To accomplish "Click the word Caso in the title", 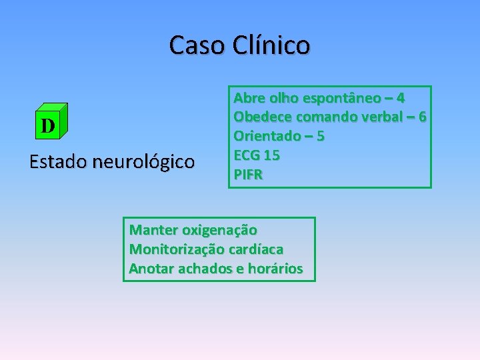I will pos(198,45).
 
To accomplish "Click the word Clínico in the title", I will pos(272,45).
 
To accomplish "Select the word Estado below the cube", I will pos(58,162).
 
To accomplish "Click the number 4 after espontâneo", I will pos(399,98).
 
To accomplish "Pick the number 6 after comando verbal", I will pos(421,117).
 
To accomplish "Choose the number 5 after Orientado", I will pos(321,137).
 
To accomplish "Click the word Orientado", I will pos(266,137).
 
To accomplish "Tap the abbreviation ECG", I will pos(246,156).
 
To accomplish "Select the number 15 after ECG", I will pos(272,156).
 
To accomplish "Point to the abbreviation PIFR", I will pos(248,175).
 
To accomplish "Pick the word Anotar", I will pos(149,269).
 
